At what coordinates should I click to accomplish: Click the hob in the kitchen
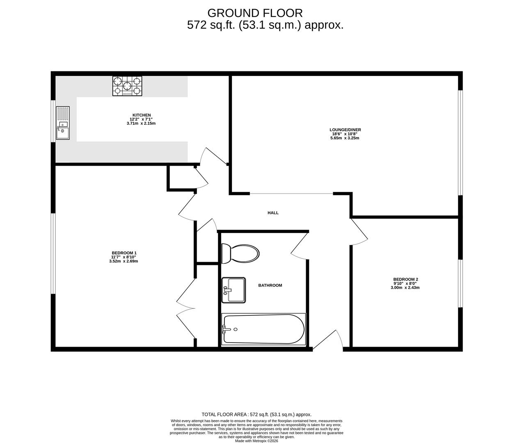point(127,87)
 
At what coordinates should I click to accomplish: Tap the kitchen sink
point(63,123)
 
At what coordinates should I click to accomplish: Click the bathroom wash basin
point(234,290)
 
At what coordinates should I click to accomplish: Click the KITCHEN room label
point(142,115)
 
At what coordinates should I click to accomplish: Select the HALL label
point(273,213)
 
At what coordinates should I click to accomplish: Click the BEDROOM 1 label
point(124,253)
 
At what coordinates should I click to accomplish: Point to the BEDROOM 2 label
point(405,279)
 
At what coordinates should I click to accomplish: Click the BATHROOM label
point(270,285)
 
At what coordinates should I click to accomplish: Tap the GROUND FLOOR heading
point(255,13)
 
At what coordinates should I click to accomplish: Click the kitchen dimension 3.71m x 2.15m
point(141,123)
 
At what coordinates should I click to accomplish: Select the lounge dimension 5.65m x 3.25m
point(345,138)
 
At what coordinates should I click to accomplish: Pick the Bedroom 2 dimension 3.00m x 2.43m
point(405,288)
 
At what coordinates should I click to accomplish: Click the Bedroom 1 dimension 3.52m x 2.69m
point(124,261)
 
